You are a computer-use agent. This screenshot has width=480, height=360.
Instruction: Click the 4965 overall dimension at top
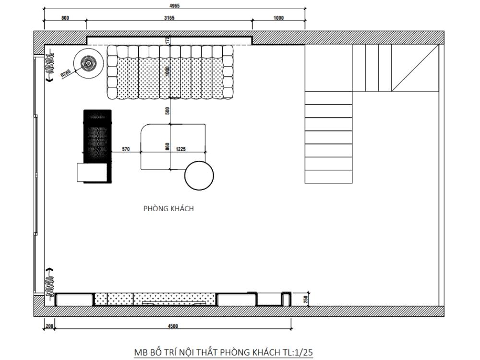point(174,7)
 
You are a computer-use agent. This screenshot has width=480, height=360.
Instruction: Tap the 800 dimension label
point(65,18)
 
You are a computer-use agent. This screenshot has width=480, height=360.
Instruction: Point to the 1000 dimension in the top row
point(278,18)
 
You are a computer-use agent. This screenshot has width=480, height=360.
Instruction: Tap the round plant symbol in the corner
point(89,62)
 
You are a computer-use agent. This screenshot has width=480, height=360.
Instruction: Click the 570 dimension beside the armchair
point(126,149)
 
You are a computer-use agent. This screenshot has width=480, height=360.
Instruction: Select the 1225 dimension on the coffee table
point(181,149)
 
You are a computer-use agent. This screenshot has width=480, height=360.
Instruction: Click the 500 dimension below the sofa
point(168,110)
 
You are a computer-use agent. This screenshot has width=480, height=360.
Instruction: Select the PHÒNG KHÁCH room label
point(168,209)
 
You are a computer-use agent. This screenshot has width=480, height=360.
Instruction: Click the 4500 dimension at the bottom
point(173,326)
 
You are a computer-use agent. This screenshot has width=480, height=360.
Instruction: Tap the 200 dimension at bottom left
point(49,326)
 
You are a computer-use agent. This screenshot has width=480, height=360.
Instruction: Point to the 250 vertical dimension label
point(305,299)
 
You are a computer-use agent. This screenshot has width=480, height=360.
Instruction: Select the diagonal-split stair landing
point(416,68)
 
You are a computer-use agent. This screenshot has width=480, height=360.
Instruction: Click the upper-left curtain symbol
point(48,64)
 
